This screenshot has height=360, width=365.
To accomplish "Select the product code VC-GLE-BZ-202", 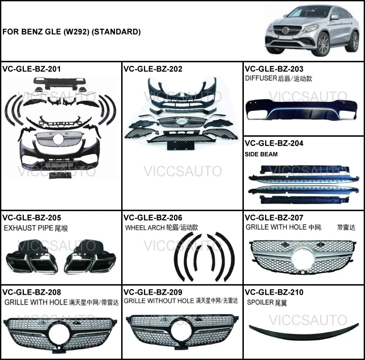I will tap(153, 69).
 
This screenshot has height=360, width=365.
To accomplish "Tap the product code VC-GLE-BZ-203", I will tap(274, 69).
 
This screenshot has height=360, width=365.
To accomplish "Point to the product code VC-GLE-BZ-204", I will tap(274, 143).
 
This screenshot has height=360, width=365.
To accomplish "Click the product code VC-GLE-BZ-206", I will tap(153, 218).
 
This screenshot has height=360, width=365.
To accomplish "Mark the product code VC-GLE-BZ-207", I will tap(274, 218).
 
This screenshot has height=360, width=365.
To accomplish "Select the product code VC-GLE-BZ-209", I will tap(153, 292).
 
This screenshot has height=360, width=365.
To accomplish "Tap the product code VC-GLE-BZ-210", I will tap(274, 292).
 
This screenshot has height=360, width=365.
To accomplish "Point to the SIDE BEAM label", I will tap(261, 154).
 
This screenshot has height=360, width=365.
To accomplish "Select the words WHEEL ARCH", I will tap(144, 228).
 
